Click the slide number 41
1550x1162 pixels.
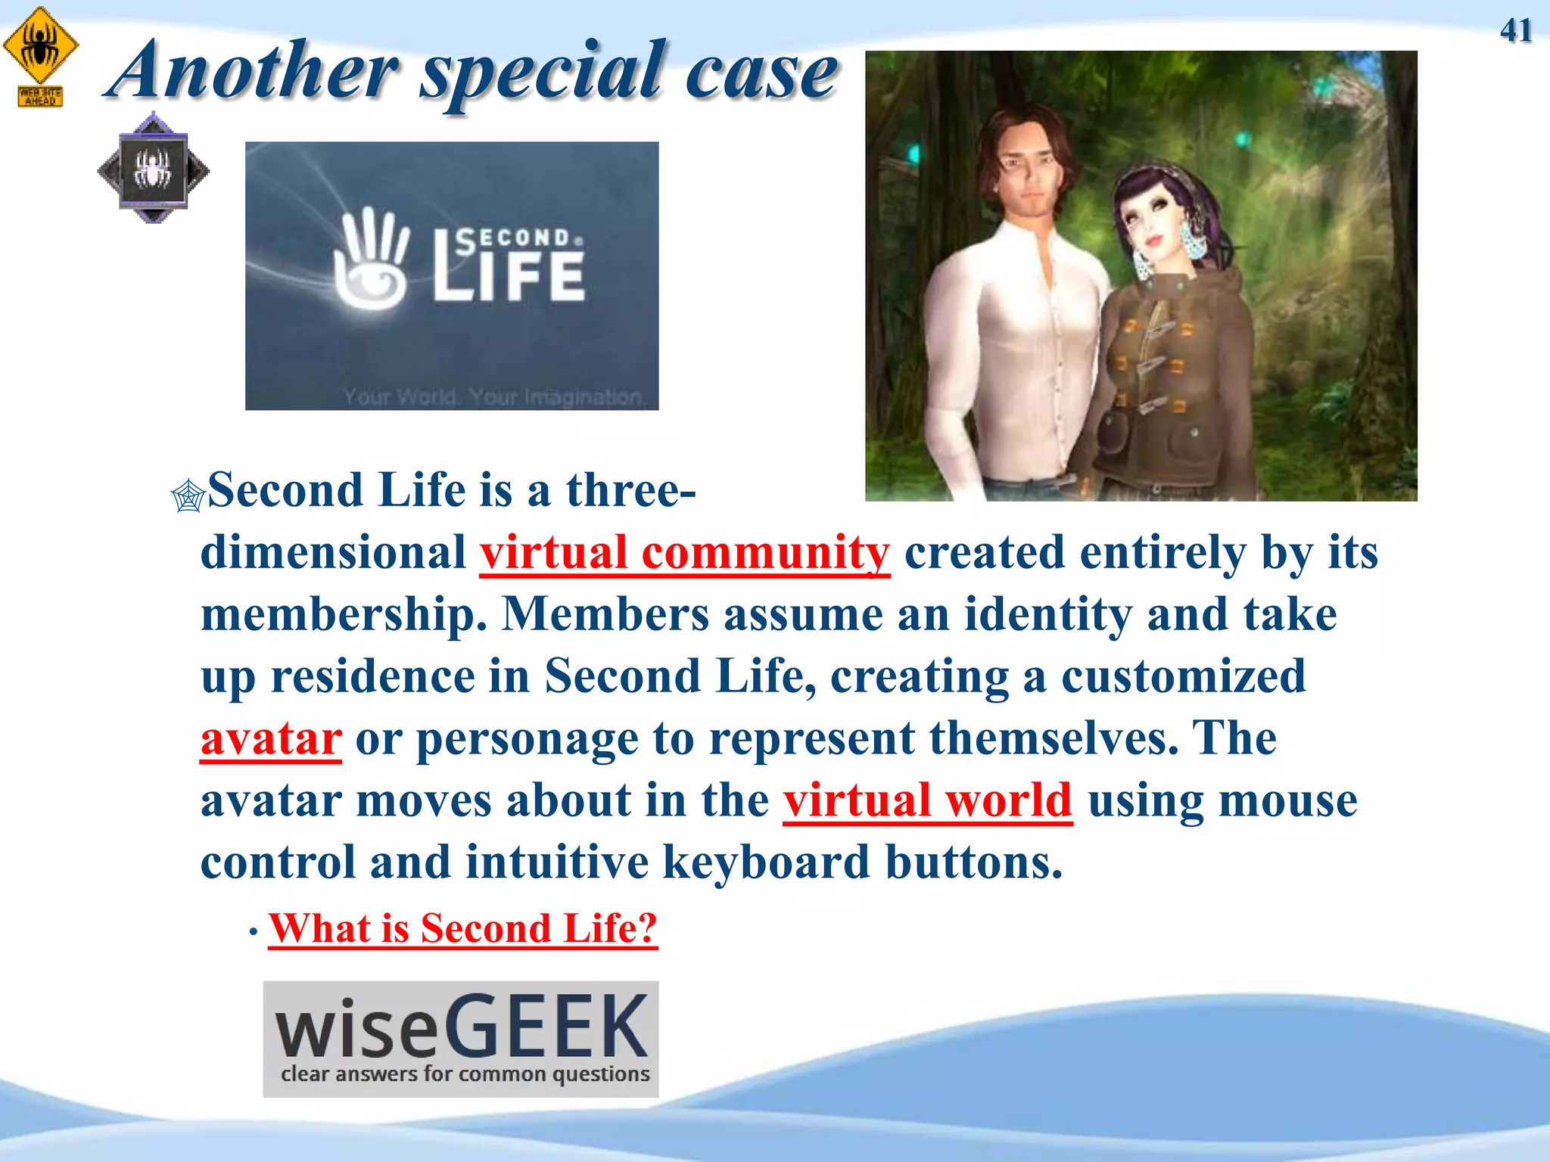(1515, 31)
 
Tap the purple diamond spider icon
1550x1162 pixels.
(154, 169)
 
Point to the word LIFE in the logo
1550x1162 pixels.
(509, 275)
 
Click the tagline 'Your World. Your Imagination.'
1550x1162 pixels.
(492, 396)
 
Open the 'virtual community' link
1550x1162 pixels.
(684, 553)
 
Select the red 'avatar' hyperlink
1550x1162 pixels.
(271, 738)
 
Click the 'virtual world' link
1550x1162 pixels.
(927, 800)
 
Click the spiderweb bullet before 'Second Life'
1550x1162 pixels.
(188, 496)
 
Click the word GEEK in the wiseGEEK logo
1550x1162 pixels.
(546, 1027)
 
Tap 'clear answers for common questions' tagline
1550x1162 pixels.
(465, 1073)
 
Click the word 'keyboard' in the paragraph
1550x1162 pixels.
(765, 862)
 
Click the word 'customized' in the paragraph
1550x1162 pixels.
(1183, 676)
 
